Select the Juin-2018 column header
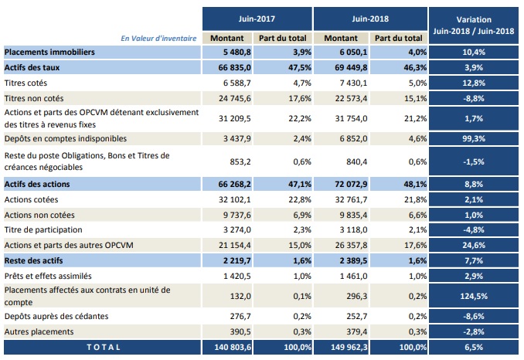(x=370, y=16)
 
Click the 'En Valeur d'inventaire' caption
(x=159, y=37)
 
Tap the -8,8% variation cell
(x=475, y=97)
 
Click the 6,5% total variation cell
(x=475, y=348)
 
